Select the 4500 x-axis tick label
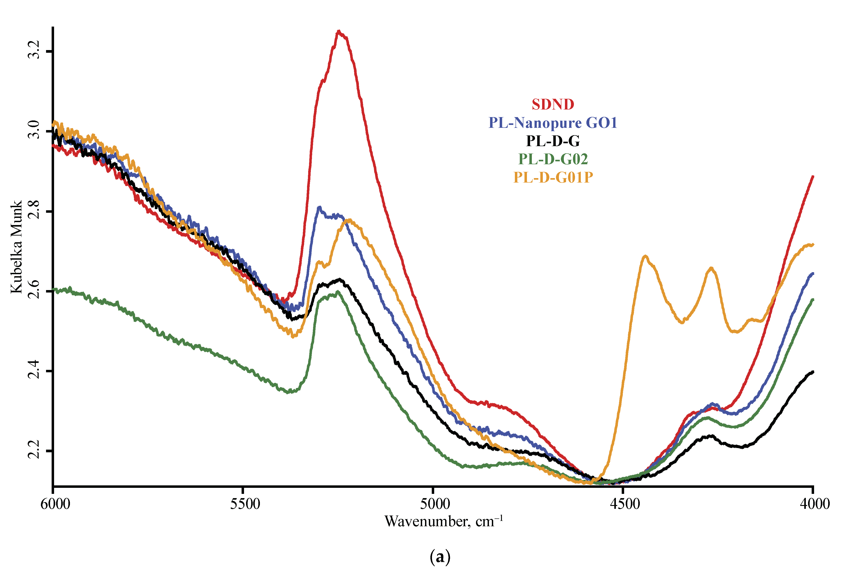tap(625, 504)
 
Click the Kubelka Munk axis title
tap(16, 247)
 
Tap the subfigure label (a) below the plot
tap(440, 557)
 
